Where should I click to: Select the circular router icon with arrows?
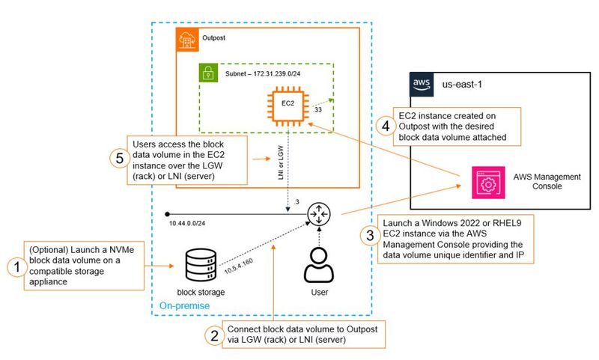323,215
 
